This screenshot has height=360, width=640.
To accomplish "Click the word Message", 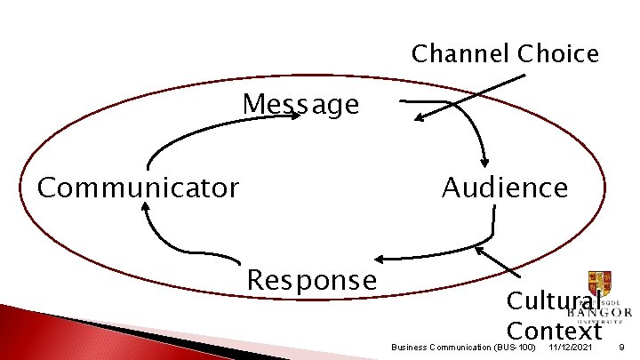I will coord(301,105).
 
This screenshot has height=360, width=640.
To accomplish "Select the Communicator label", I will coord(138,188).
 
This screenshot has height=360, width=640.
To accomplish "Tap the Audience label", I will coord(504,188).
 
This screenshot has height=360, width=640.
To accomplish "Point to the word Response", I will coord(311,280).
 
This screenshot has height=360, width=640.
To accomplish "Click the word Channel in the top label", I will coord(460,54).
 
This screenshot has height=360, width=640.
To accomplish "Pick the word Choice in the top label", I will coord(558,54).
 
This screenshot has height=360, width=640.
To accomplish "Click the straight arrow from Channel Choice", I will coord(471,97).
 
